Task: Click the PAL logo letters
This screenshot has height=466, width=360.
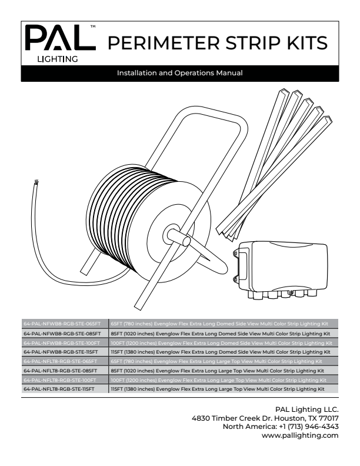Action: click(x=59, y=39)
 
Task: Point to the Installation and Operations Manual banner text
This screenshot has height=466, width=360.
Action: click(x=179, y=74)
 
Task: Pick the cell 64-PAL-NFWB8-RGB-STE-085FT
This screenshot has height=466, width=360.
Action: click(x=64, y=333)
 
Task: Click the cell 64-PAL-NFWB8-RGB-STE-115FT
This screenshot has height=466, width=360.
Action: click(x=64, y=351)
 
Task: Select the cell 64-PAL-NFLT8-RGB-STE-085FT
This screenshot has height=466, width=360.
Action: click(x=64, y=371)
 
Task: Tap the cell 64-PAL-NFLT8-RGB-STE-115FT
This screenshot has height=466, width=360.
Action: click(x=64, y=389)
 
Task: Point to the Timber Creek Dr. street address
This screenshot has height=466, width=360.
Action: click(x=265, y=418)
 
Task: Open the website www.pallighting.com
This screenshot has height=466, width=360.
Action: click(x=302, y=435)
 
